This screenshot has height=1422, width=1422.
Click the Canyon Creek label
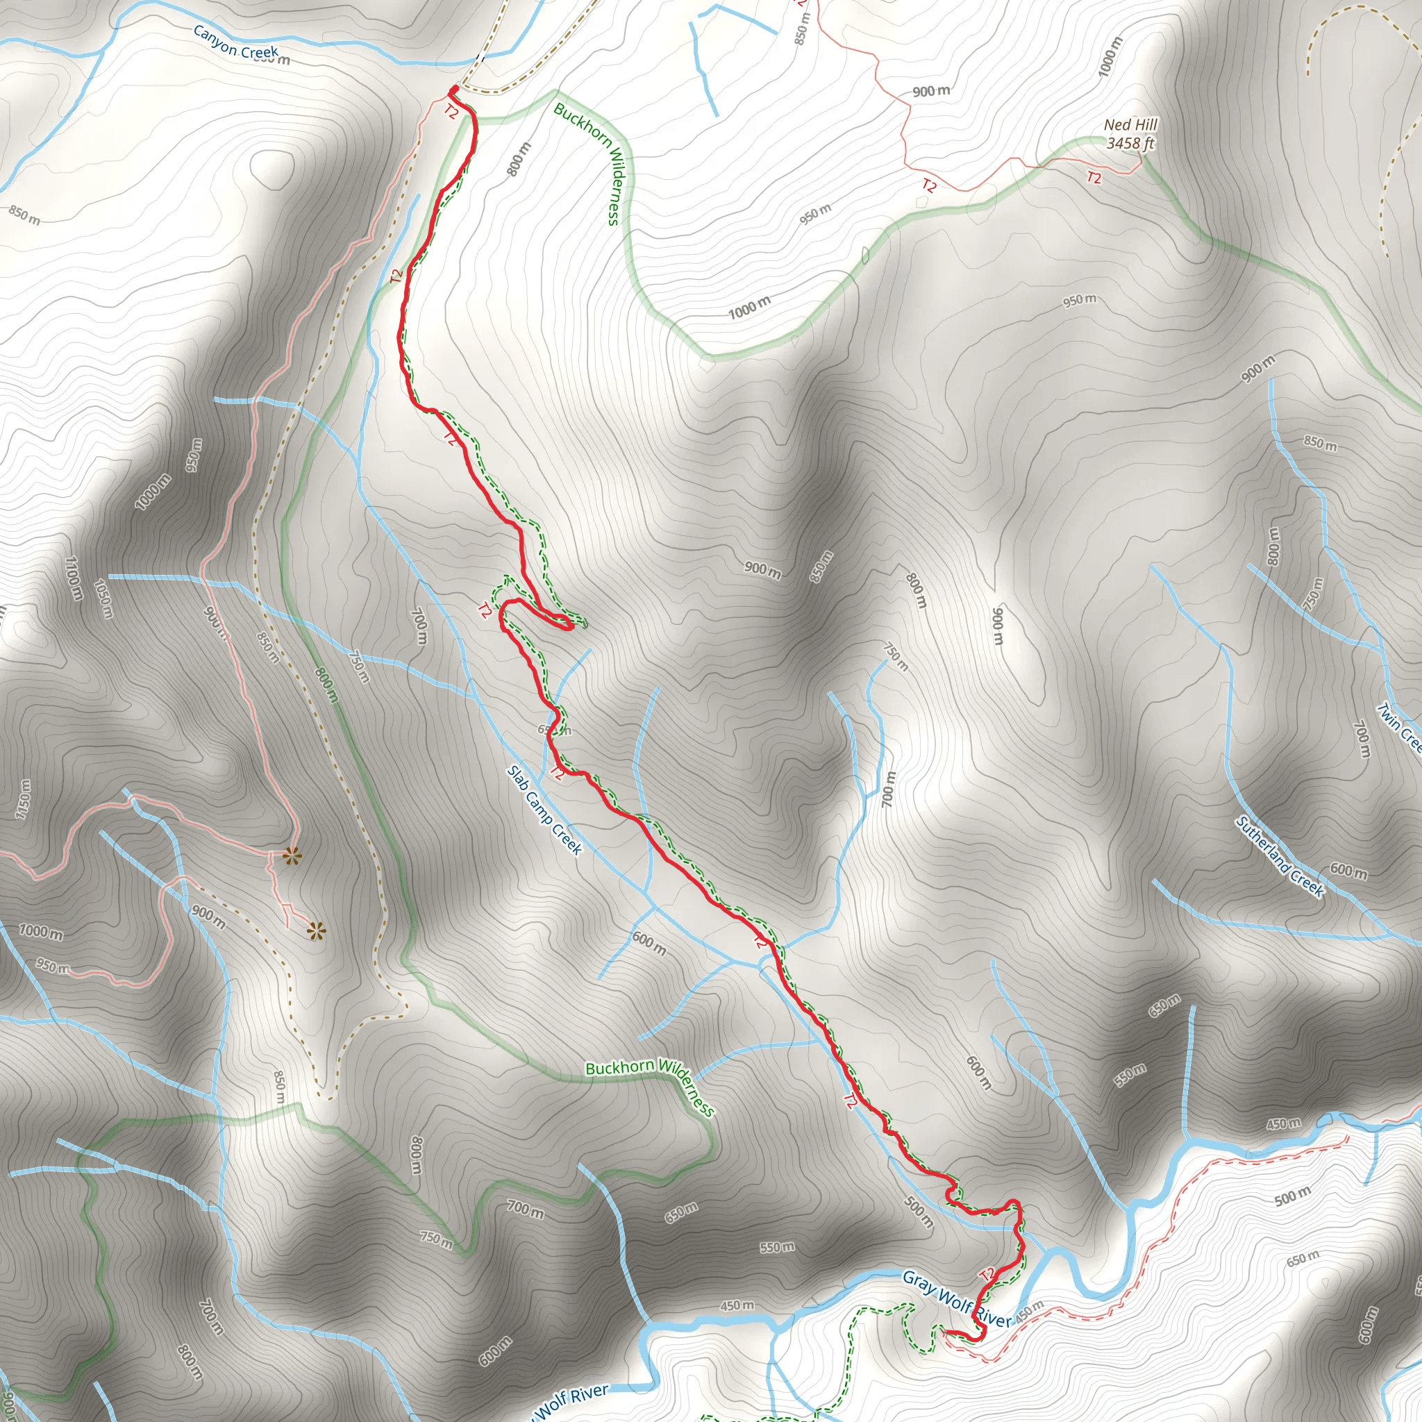[235, 41]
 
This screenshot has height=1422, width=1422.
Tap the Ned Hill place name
[1130, 125]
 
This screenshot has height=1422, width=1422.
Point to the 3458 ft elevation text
[1130, 144]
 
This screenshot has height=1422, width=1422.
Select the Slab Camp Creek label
[544, 810]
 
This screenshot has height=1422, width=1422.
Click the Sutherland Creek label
[1280, 858]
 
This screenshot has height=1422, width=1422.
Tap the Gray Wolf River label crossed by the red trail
[957, 1299]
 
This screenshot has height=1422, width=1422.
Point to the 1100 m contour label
[73, 578]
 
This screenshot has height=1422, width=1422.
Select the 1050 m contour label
[103, 599]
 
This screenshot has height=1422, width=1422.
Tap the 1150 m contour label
[24, 799]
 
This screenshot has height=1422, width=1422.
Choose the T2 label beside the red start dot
[451, 112]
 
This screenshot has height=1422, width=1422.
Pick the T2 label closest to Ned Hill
[1094, 177]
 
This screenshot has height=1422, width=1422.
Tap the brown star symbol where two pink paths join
[292, 855]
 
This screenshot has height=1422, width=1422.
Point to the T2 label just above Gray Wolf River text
[988, 1274]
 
